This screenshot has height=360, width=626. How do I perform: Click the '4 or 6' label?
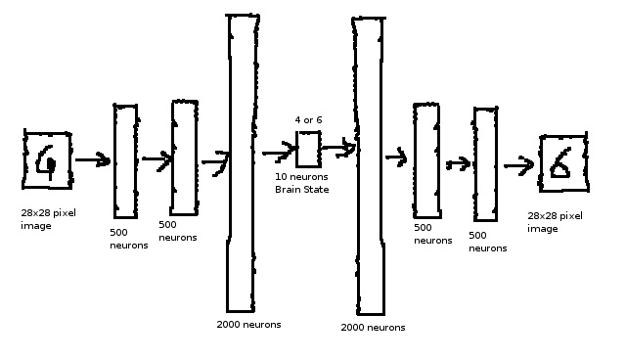[308, 119]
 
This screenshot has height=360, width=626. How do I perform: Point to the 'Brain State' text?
[302, 189]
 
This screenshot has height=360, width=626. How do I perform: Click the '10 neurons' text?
[301, 176]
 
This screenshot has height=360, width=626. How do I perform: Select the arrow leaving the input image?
[93, 160]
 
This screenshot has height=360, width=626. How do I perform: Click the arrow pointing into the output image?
[518, 165]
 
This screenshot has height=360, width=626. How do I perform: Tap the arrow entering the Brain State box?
[279, 152]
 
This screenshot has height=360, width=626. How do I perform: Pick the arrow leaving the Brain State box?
[338, 148]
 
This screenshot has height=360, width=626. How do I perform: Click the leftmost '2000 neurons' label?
[248, 325]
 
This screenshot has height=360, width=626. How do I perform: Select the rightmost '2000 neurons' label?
[373, 328]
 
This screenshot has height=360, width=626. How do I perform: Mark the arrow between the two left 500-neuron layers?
[156, 159]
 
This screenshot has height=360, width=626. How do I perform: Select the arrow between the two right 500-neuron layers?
[459, 163]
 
